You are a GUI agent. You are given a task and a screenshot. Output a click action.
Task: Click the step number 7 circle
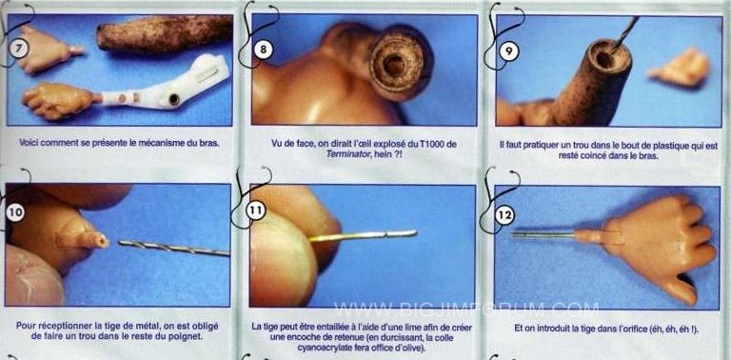coord(19,48)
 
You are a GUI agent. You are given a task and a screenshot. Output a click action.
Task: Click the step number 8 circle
coord(264,50)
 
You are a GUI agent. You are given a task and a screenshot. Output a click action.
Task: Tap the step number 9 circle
coord(508,51)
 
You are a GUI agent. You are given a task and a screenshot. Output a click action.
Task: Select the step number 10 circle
coord(16,212)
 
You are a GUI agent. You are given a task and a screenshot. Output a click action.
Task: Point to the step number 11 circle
coord(255,210)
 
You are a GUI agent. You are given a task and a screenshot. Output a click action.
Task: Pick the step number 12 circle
coord(505,215)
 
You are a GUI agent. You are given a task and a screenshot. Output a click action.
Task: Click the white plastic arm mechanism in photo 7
coord(166,87)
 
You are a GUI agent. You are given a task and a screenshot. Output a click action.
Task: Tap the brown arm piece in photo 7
coord(164,32)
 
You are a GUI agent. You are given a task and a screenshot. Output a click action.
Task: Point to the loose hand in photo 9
coord(680,68)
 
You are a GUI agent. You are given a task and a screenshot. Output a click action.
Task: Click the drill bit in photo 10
coord(174,248)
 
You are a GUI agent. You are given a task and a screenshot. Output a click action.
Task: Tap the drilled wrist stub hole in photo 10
coord(103,242)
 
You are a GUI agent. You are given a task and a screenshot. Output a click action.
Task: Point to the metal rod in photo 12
coord(543,234)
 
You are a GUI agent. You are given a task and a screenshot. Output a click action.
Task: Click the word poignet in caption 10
coord(188,336)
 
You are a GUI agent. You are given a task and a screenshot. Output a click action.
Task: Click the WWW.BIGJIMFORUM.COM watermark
coord(466,310)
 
